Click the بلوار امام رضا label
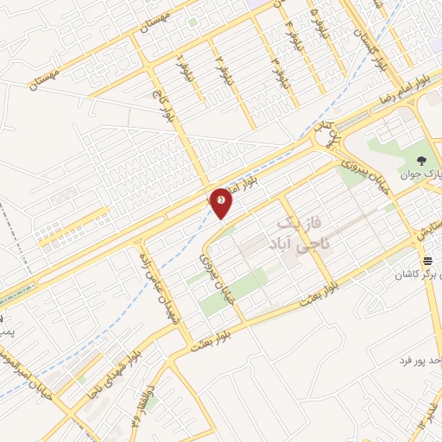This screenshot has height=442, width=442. pos(404,89)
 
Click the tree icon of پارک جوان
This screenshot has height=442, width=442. pos(422,161)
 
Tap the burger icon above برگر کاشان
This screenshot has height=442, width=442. pos(426,261)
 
